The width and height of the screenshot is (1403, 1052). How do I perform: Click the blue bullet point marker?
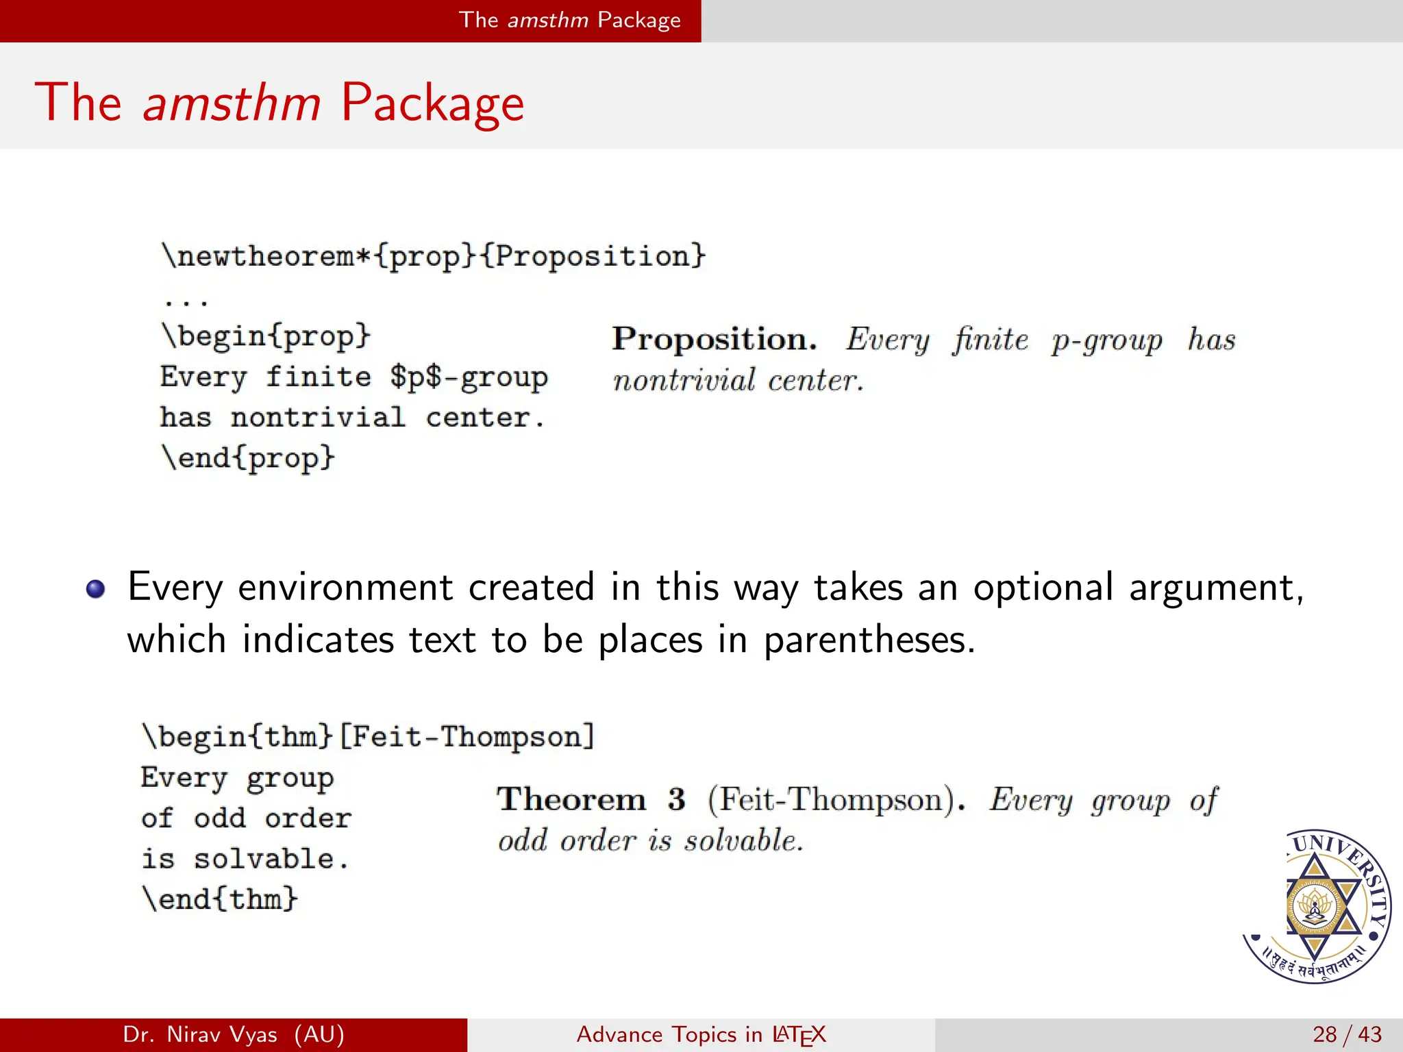coord(96,589)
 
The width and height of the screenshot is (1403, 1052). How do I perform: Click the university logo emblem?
coord(1316,906)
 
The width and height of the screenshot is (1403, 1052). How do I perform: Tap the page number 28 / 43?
coord(1347,1034)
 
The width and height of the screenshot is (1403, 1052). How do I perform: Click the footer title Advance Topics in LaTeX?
coord(701,1034)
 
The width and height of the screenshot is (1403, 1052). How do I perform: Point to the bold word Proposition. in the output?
coord(714,339)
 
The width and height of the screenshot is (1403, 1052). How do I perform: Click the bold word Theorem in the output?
coord(571,799)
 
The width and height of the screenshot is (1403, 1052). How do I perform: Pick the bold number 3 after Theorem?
coord(677,799)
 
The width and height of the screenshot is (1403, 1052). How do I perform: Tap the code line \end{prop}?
coord(248,458)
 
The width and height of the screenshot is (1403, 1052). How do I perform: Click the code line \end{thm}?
coord(220,899)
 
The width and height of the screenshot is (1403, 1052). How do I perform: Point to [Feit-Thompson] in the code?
coord(467,737)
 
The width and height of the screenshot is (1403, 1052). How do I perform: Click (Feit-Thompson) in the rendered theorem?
coord(836,800)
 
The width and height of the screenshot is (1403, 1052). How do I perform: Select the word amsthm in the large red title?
coord(232,103)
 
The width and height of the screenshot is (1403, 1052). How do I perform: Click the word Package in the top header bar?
coord(638,20)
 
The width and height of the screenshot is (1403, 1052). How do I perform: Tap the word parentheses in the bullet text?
coord(869,640)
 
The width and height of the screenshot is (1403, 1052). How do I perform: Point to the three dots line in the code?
coord(186,300)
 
